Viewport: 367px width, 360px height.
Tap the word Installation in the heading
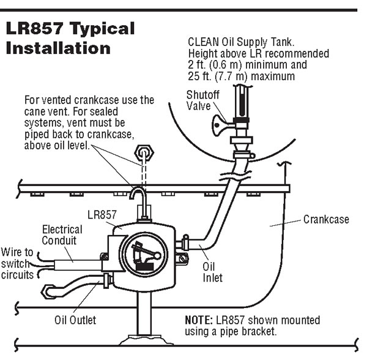[x=58, y=47]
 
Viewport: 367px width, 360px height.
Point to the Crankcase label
[x=326, y=219]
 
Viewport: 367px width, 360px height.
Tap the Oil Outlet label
[x=75, y=319]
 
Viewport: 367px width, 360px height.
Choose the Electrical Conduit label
[x=62, y=235]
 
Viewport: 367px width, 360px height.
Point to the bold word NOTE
[x=199, y=320]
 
